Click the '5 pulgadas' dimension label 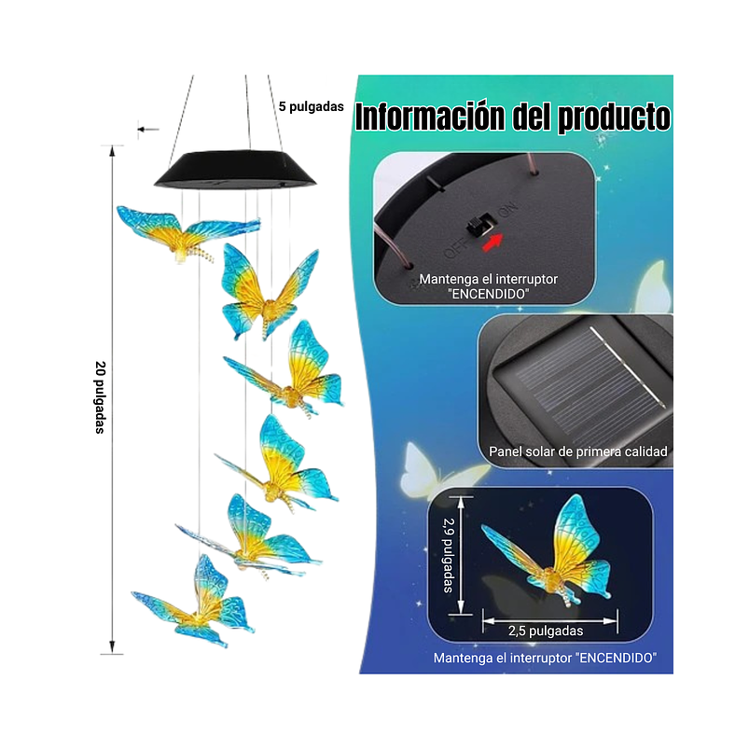point(311,106)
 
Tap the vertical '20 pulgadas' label point(100,397)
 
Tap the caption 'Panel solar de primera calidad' point(578,451)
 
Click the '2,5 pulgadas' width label point(547,631)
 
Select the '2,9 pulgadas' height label point(449,556)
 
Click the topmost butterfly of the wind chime point(187,230)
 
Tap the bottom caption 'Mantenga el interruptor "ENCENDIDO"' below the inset point(545,658)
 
